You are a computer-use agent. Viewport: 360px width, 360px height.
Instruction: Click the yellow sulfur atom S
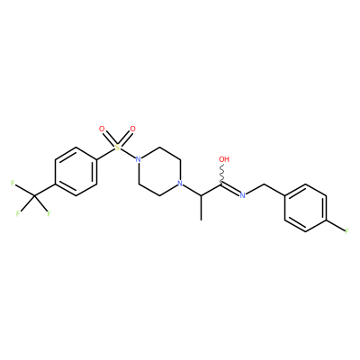[117, 147]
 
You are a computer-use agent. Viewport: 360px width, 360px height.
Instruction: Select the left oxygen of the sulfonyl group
[102, 130]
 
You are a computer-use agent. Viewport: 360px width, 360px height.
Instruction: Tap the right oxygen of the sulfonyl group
[132, 130]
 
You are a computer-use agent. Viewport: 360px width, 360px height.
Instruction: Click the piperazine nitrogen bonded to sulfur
[138, 159]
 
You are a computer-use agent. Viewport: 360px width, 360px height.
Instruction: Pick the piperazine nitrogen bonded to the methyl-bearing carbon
[179, 183]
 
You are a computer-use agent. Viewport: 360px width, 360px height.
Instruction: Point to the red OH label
[224, 159]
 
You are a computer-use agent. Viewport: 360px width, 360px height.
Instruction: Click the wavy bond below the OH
[222, 174]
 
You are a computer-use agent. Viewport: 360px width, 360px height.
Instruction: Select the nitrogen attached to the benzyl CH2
[242, 195]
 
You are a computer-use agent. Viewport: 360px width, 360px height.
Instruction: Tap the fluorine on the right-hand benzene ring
[346, 231]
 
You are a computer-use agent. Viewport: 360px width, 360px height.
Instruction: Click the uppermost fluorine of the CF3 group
[13, 183]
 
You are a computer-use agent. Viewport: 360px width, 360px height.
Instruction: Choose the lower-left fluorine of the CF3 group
[18, 213]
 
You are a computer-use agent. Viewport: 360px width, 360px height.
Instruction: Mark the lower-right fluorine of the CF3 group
[49, 213]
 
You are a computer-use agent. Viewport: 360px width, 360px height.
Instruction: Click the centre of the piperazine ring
[159, 171]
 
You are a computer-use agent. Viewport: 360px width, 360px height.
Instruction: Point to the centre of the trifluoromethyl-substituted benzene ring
[76, 171]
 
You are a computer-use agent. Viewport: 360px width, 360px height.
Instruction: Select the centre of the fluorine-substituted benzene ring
[305, 208]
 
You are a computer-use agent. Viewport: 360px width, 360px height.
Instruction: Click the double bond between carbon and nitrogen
[230, 190]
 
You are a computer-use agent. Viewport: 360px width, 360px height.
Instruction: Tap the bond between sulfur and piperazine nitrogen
[128, 153]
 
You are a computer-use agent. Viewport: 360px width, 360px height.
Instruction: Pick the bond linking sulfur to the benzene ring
[106, 154]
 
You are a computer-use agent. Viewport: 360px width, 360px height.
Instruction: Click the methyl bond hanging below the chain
[201, 207]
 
